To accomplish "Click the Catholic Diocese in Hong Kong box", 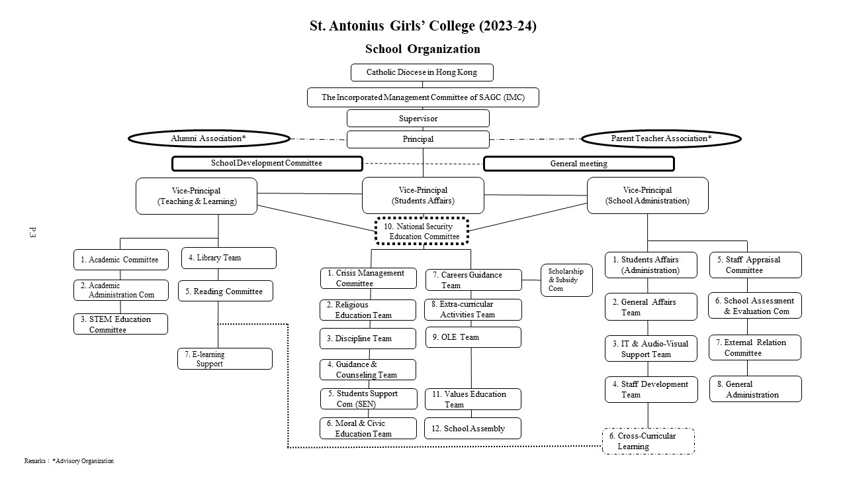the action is pos(422,72).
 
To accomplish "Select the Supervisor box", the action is pos(418,119).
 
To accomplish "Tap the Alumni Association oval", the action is pos(209,138).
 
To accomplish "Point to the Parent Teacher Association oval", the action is pos(661,138).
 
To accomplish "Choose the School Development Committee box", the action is pos(267,164).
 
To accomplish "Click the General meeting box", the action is pos(579,164).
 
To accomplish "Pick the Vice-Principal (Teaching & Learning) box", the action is pos(197,196).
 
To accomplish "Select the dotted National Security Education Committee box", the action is pos(422,231).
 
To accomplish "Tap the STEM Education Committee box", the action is pos(120,324).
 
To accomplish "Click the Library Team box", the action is pos(229,258).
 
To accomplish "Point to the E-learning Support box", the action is pos(225,359).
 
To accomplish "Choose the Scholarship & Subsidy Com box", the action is pos(566,280).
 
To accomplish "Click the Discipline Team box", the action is pos(368,339).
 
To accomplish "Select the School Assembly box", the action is pos(472,429).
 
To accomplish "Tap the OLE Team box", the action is pos(472,337).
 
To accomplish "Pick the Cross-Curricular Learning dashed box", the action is pos(648,441).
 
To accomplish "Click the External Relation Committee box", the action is pos(755,348).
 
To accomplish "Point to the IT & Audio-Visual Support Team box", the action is pos(650,348).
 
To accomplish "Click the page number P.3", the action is pos(32,232).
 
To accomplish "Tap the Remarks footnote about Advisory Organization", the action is pos(69,461).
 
